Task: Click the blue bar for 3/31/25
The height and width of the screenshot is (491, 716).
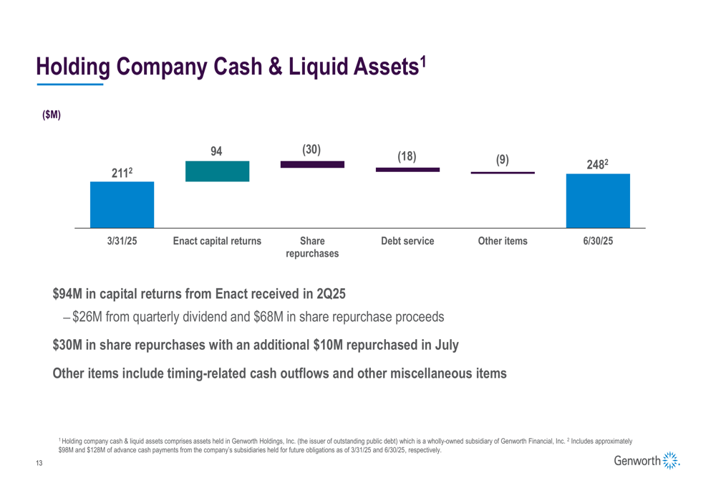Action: point(122,204)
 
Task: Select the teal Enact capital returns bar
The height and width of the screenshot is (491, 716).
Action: point(217,171)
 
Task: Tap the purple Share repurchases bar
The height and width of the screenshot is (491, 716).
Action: point(312,164)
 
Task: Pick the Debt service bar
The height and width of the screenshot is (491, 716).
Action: point(407,170)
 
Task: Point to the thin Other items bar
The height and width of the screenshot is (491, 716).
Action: point(503,173)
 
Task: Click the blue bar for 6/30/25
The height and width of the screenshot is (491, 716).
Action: point(598,201)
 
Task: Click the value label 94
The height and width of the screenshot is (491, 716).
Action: point(216,151)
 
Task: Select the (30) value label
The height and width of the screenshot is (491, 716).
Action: point(311,149)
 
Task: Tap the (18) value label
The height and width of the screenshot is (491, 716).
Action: point(407,156)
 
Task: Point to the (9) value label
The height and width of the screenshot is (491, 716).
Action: point(503,161)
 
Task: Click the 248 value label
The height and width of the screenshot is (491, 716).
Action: point(596,164)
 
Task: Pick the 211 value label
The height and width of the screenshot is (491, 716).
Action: point(120,173)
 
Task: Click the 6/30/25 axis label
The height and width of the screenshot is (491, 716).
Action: point(598,242)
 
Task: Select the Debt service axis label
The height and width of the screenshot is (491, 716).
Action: point(407,242)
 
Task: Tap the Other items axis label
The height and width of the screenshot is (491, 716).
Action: point(503,242)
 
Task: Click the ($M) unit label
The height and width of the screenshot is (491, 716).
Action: point(51,115)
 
